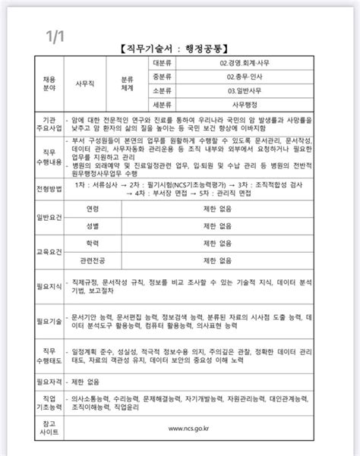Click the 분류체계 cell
[x=127, y=83]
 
